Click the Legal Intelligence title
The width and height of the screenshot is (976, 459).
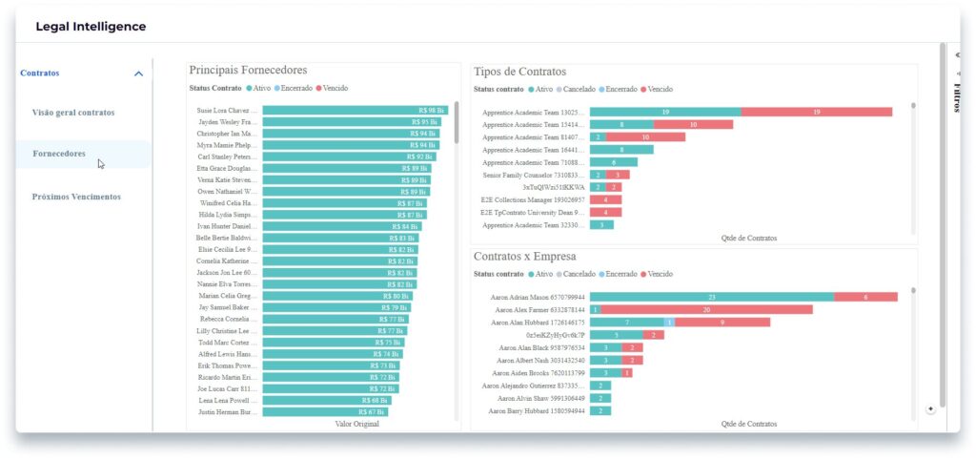(91, 27)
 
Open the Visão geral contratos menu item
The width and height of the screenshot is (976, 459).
(73, 113)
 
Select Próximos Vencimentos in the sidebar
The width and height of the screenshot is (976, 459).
(76, 197)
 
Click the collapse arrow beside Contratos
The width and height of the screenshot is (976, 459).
(139, 73)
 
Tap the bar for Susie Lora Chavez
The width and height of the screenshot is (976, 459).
(355, 110)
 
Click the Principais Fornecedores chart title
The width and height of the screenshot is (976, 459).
(248, 71)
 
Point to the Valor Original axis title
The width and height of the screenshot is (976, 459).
(356, 424)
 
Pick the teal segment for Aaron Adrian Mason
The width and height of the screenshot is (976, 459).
(711, 297)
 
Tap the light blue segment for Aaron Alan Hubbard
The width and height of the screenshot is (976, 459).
(669, 323)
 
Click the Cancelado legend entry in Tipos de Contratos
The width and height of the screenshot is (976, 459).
(584, 89)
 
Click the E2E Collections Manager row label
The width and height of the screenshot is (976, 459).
(532, 199)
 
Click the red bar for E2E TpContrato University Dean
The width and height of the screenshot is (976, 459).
(605, 212)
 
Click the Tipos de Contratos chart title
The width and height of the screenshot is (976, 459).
(518, 72)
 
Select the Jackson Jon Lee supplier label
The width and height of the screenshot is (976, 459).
(227, 273)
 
